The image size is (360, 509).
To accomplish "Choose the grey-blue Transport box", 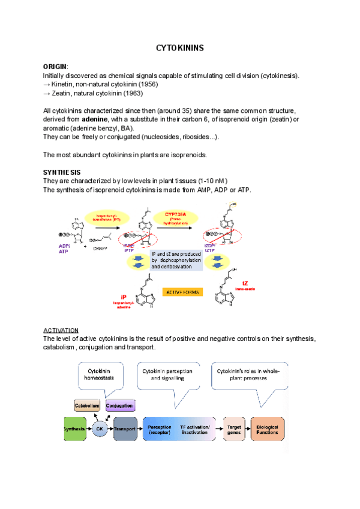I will pyautogui.click(x=125, y=429).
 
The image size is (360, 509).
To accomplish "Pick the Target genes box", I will pyautogui.click(x=235, y=429).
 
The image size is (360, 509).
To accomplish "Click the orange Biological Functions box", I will pyautogui.click(x=267, y=429).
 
